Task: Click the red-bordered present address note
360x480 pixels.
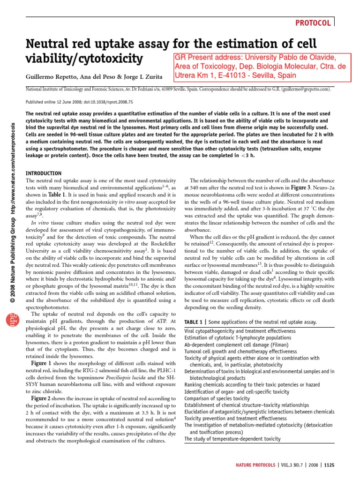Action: coord(261,66)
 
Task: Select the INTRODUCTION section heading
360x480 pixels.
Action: coord(44,173)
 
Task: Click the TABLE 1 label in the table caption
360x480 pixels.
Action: coord(194,322)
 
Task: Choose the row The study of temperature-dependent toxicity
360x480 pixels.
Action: coord(232,439)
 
